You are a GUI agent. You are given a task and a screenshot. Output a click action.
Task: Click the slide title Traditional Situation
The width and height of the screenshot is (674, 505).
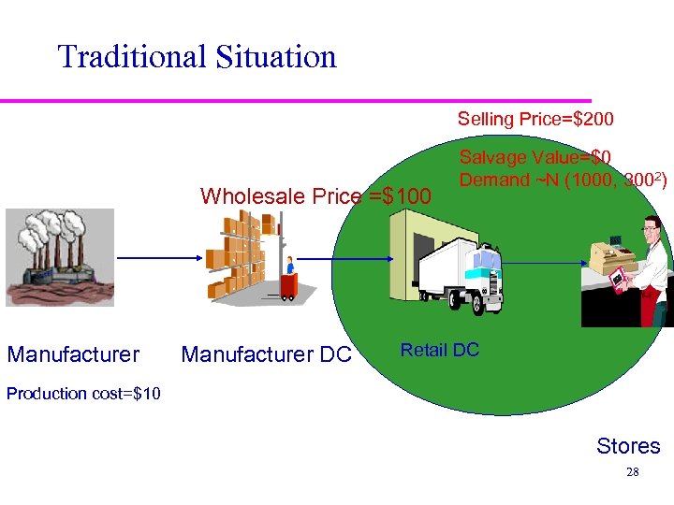coord(197,57)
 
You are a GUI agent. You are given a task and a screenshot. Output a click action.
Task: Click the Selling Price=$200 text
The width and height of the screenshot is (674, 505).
coord(535,119)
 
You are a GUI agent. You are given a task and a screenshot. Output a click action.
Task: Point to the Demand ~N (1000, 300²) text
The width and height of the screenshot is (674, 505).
coord(563,180)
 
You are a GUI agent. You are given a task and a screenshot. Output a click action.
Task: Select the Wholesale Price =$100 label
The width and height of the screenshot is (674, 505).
coord(315,196)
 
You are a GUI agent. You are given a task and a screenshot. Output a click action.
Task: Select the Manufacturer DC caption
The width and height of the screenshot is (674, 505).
coord(266,354)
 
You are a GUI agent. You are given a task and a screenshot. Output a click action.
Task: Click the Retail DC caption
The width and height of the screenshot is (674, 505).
coord(439,351)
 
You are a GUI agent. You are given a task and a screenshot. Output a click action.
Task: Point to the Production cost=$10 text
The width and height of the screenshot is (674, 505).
coord(83,393)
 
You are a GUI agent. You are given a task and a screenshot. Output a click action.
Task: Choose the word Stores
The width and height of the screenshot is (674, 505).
coord(628,446)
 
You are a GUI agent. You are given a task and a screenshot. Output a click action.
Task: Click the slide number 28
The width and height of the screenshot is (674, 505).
coord(632,472)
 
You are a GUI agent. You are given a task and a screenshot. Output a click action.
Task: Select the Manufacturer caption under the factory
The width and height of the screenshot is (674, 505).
coord(73,354)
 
